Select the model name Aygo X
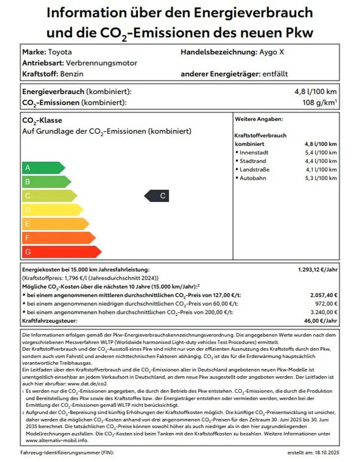click(271, 52)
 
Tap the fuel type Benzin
click(71, 74)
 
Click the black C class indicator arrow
click(157, 196)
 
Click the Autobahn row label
click(253, 178)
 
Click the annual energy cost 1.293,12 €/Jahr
click(318, 270)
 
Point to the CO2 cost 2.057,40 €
click(324, 296)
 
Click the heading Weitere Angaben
click(259, 119)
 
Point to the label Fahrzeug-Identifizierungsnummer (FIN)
click(67, 452)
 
